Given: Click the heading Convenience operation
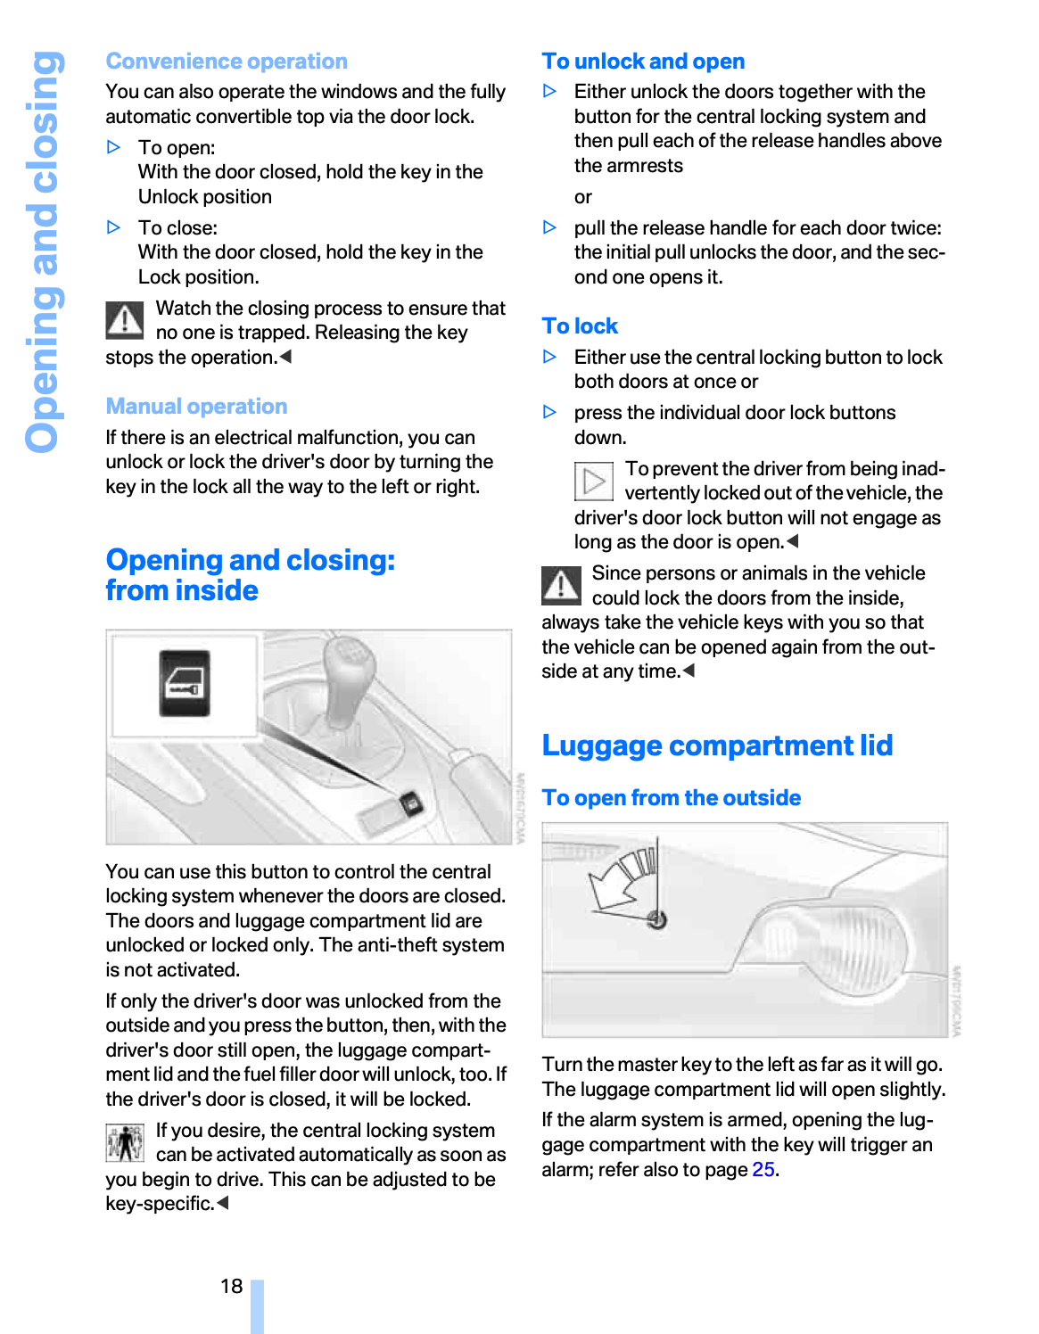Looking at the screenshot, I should [227, 62].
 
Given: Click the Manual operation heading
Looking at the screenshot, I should [196, 407].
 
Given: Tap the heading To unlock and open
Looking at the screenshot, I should [643, 62].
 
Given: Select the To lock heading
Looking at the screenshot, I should [580, 326].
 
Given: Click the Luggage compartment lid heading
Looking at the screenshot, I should [717, 745].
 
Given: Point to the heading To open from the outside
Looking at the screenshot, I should [671, 798].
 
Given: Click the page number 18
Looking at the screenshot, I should [231, 1286].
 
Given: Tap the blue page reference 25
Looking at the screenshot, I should [763, 1170].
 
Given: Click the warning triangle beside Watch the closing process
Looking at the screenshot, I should [125, 320].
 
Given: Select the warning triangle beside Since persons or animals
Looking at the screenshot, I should [561, 585].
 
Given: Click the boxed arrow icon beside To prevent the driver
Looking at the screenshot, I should [593, 482].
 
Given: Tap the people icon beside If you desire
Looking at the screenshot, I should [125, 1143].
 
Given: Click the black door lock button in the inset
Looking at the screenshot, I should [185, 683].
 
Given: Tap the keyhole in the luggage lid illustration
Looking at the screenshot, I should [658, 919].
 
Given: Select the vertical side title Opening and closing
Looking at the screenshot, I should [43, 251].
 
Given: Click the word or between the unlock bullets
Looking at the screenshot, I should [583, 197].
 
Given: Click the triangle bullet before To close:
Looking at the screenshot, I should [113, 227].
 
